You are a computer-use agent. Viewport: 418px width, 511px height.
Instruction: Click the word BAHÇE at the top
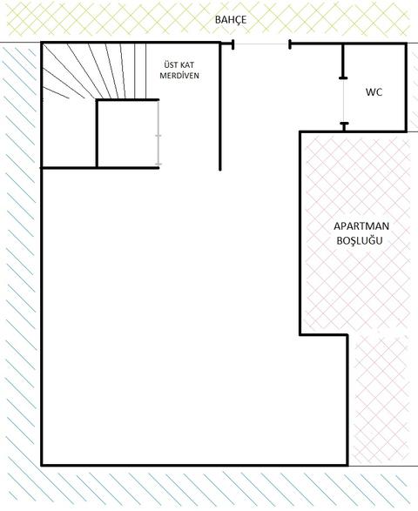point(231,20)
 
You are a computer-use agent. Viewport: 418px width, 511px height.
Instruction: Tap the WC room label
point(374,92)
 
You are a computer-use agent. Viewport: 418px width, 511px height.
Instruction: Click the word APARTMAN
point(361,225)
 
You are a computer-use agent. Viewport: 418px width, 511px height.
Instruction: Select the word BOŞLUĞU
point(360,240)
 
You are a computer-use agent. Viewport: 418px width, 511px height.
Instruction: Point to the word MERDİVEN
point(179,75)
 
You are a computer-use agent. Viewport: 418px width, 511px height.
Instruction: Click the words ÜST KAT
point(179,64)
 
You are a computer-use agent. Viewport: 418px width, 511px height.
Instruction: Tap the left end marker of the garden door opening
point(233,44)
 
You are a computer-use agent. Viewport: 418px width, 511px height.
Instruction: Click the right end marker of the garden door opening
point(290,44)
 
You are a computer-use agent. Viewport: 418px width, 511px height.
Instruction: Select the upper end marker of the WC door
point(343,77)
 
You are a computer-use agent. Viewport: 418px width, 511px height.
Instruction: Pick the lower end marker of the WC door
point(344,124)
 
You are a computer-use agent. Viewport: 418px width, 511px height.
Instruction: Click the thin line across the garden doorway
point(261,44)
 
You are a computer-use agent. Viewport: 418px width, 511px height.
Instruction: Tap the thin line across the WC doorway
point(343,101)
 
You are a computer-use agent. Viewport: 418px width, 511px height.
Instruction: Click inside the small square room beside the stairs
point(127,133)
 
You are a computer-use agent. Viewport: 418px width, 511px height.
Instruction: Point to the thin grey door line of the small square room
point(158,133)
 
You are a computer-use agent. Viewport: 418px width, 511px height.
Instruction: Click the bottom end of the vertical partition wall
point(220,170)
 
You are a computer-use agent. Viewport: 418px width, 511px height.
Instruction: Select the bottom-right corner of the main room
point(347,465)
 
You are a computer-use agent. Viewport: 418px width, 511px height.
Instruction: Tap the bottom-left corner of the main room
point(42,465)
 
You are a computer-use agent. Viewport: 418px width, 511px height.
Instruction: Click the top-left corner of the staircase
point(42,43)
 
